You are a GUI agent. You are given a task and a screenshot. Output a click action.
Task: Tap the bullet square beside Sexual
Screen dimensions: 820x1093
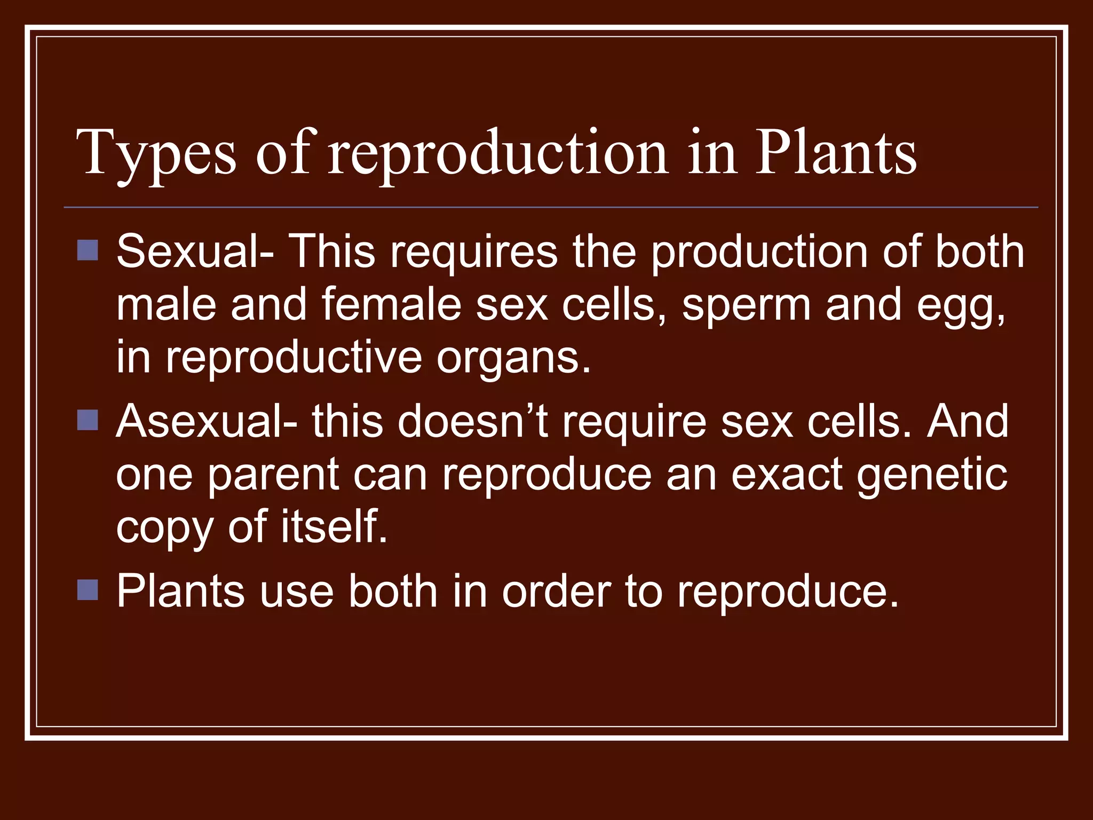click(88, 250)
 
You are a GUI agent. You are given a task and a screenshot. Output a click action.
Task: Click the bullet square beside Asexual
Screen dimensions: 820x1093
click(88, 420)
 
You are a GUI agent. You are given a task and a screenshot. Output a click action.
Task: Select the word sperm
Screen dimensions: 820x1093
click(747, 305)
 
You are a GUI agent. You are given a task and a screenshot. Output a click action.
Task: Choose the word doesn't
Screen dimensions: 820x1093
click(473, 421)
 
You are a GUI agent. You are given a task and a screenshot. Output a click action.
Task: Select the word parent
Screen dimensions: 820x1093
click(273, 475)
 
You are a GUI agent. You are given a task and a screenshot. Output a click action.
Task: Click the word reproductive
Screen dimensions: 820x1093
click(294, 358)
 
